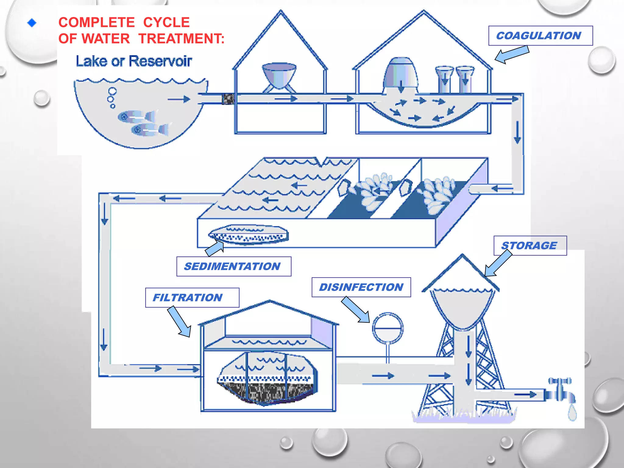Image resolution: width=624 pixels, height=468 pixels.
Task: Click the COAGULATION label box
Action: pos(540,36)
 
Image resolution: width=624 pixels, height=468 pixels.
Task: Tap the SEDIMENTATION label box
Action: pos(234,266)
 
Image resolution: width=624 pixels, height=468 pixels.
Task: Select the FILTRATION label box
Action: pos(192,297)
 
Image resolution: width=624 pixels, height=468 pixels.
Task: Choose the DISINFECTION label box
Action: pos(361,287)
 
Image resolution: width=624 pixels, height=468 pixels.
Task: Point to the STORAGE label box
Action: pos(530,245)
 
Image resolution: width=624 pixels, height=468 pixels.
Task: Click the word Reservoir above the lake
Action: pos(160,61)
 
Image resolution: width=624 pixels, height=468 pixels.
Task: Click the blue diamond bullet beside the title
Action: pos(32,23)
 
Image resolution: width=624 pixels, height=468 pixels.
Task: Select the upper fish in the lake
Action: pos(136,116)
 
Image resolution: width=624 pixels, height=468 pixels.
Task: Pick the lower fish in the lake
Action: pos(150,129)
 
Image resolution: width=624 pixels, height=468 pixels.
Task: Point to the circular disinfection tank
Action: pos(388,328)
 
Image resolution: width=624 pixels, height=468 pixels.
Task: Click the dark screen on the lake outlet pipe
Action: pos(228,99)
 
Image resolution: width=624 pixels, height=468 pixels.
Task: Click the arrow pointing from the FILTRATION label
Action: pos(180,322)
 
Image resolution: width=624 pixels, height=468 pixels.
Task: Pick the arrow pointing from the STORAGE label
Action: pos(498,263)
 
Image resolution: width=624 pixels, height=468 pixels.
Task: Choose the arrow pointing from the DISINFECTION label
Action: pos(356,310)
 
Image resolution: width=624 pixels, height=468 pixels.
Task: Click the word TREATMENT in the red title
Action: pos(181,39)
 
